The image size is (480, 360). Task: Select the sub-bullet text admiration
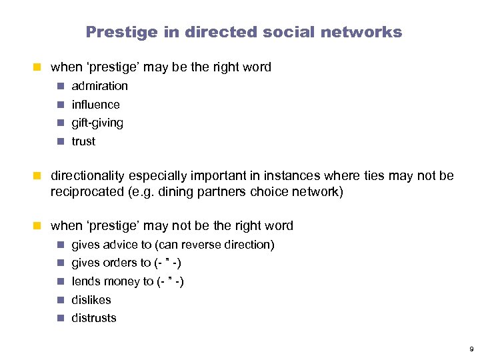(x=99, y=86)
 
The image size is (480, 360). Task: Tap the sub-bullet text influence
(x=95, y=105)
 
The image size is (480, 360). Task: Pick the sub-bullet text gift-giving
(x=97, y=123)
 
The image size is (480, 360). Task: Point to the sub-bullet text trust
(x=83, y=141)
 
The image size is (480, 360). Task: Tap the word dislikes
(x=91, y=300)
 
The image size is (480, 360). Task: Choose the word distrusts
(x=93, y=318)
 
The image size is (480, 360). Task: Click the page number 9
(x=471, y=349)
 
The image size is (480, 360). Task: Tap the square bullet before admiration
(x=61, y=86)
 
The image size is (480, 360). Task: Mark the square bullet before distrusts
(x=61, y=318)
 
